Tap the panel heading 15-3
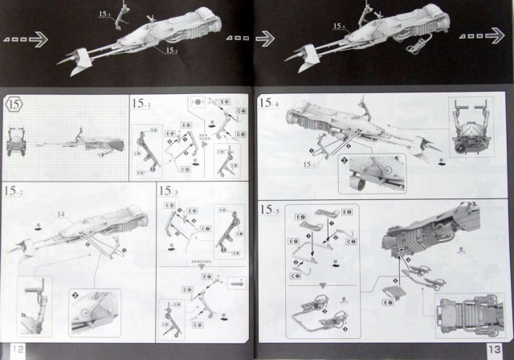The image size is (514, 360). click(x=170, y=191)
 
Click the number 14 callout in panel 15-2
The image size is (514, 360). click(x=61, y=215)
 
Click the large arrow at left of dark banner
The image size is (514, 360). click(x=30, y=37)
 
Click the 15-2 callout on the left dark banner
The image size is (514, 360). click(x=171, y=50)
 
